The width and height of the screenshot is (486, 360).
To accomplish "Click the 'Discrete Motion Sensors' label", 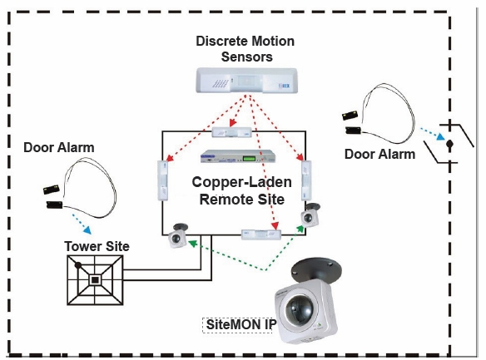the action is [x=245, y=49].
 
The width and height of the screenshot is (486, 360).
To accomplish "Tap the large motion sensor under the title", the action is [x=246, y=81].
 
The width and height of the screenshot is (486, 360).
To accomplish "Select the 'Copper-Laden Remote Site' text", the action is [x=242, y=190].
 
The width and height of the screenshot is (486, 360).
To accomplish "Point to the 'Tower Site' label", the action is [x=97, y=246].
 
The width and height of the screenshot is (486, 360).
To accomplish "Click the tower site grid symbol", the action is [x=95, y=280].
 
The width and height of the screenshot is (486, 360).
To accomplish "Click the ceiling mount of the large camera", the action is [x=316, y=269].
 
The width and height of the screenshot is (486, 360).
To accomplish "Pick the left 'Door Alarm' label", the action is [x=59, y=148].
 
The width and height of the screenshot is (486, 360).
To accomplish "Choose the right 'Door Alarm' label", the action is [x=380, y=154].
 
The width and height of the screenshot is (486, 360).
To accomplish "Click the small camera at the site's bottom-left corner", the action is [x=177, y=235].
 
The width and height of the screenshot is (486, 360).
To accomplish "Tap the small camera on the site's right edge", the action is [x=310, y=215].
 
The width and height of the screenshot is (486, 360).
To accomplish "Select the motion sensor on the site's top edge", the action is [x=232, y=132].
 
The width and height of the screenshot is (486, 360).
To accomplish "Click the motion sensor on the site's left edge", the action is [x=163, y=180].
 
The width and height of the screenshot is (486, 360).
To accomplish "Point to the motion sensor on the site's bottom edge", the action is [x=261, y=234].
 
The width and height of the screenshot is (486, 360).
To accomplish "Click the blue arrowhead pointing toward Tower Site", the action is [x=87, y=230].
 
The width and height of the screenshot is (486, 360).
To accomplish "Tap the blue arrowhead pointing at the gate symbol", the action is [x=440, y=136].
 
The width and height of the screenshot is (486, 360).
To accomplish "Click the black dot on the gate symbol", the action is [x=449, y=144].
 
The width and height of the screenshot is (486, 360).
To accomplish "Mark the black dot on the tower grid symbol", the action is [x=78, y=265].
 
